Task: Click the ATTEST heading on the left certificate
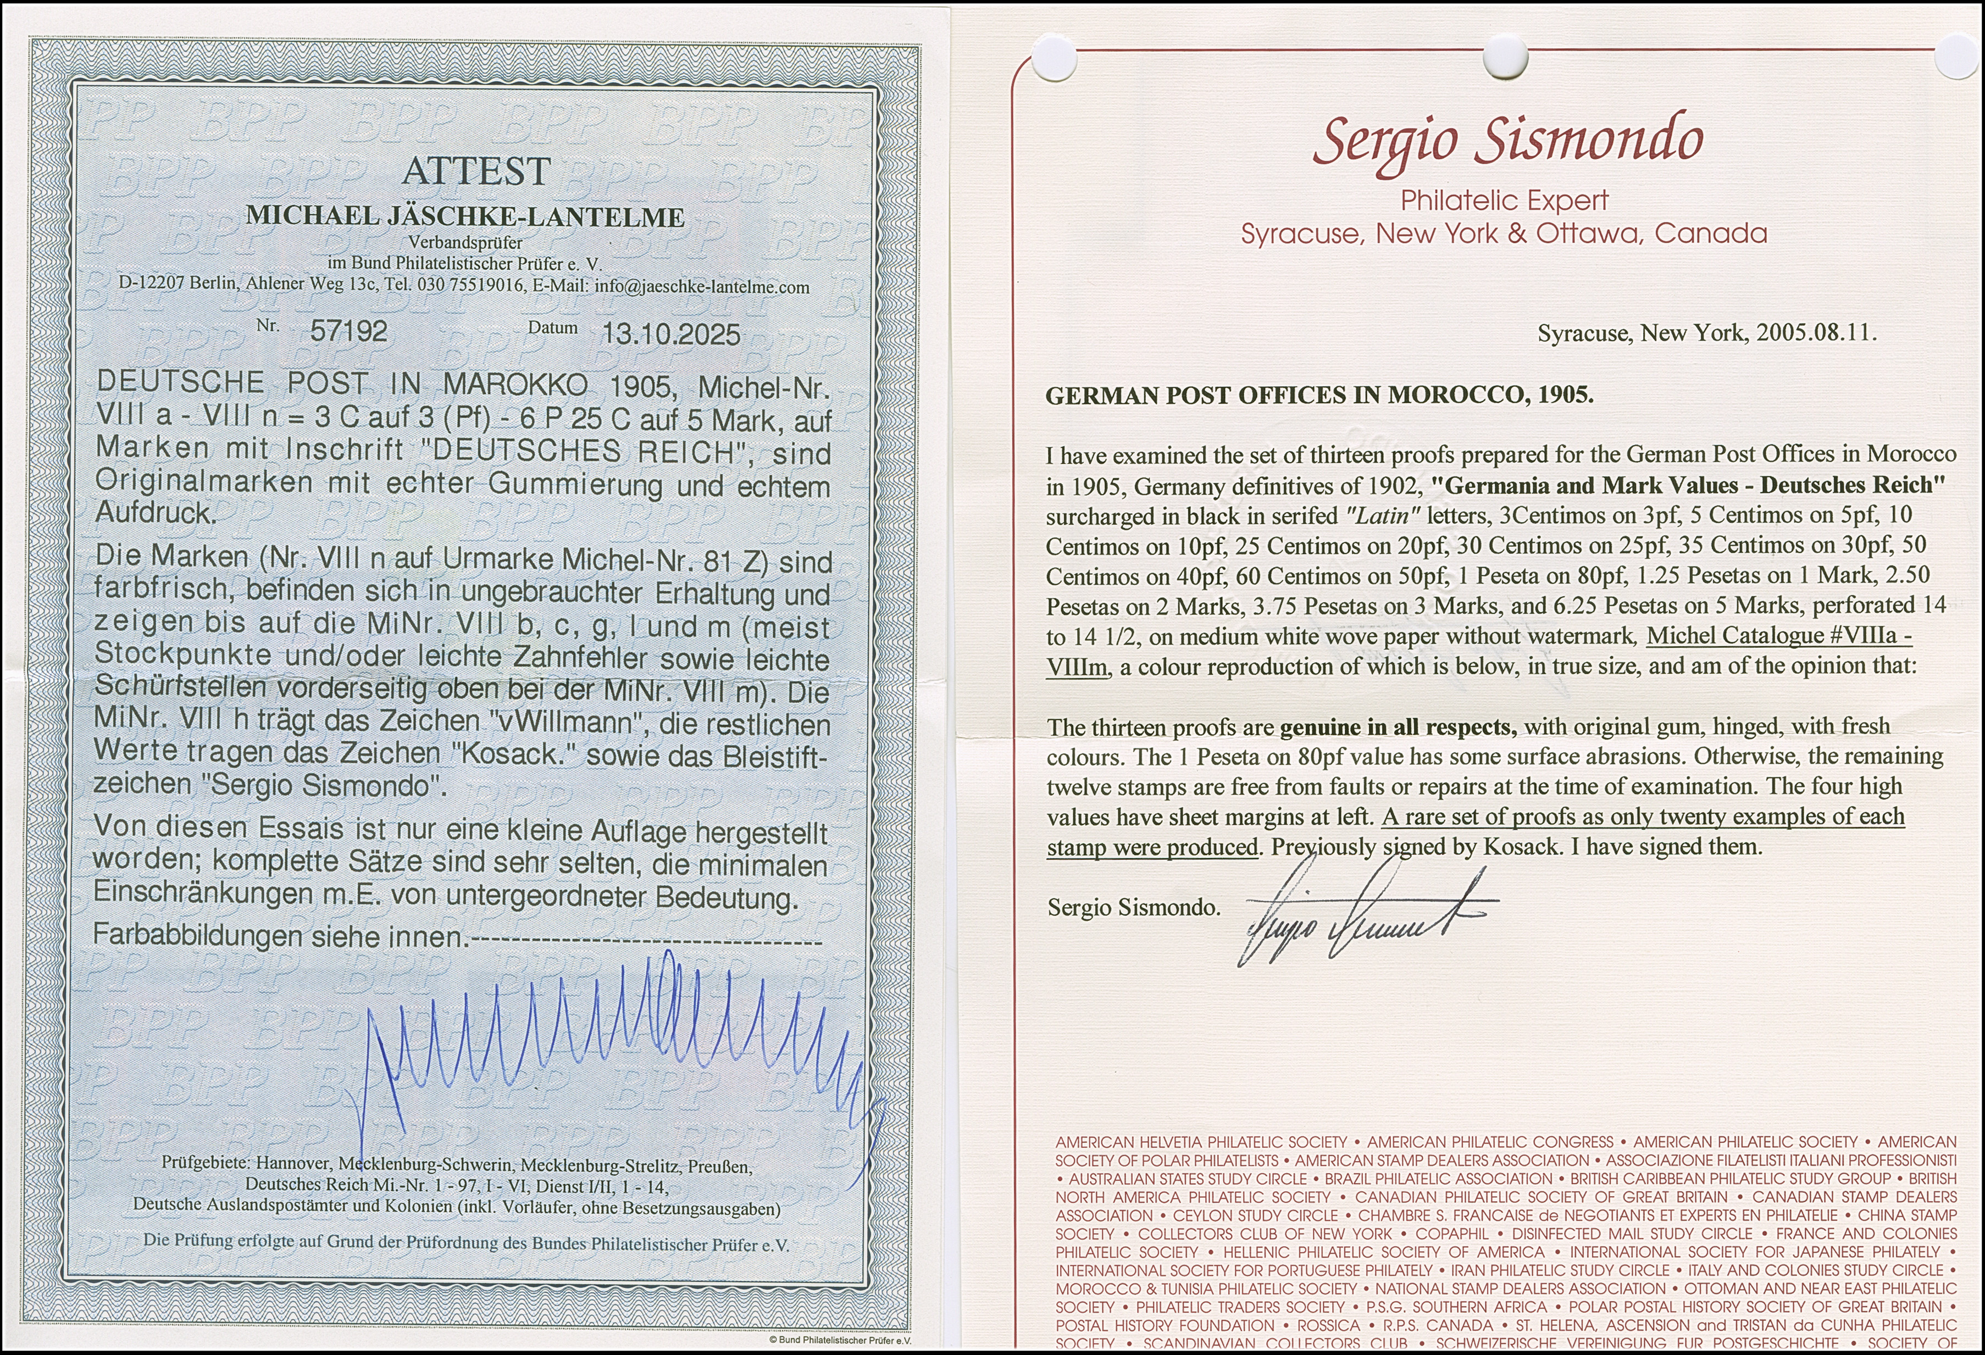pos(476,171)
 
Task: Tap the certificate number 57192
pos(348,331)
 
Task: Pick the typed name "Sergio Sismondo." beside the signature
pos(1133,908)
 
